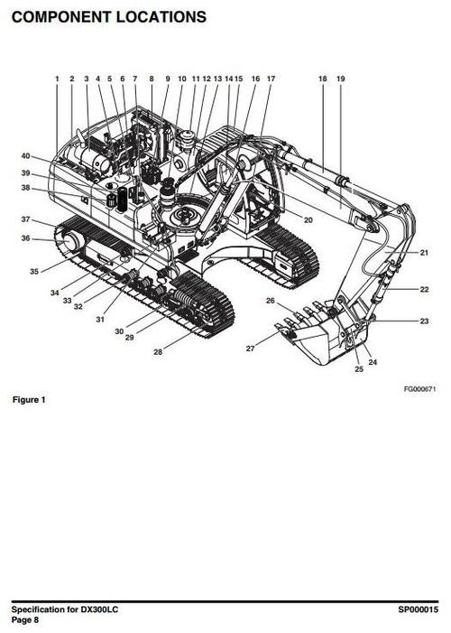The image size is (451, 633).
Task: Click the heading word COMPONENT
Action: [61, 17]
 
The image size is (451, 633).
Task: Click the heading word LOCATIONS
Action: [161, 17]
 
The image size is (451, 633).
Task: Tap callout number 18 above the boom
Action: [323, 79]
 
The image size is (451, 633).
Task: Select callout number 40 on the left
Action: [26, 156]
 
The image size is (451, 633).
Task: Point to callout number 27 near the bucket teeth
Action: [251, 349]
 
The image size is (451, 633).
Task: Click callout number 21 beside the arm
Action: [424, 253]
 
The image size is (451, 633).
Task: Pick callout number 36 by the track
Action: [26, 238]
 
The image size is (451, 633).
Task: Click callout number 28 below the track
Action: [158, 352]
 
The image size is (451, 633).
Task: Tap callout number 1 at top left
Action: [57, 79]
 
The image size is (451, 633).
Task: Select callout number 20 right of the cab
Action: [308, 220]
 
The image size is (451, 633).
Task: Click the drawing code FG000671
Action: [420, 389]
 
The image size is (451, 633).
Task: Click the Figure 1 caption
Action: [29, 400]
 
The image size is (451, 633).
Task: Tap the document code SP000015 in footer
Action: [418, 610]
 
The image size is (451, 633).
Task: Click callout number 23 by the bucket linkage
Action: [424, 321]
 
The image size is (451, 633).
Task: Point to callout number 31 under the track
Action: [100, 320]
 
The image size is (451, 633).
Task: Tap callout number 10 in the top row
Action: [182, 79]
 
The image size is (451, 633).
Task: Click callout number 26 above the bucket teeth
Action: [271, 301]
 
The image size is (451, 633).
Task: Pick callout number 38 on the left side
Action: [26, 188]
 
